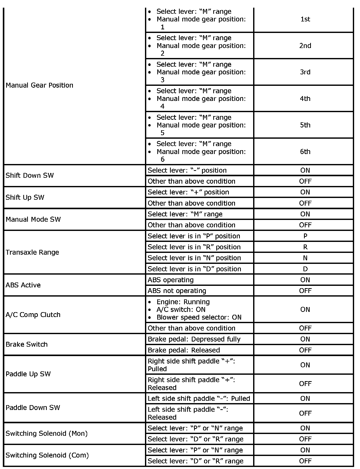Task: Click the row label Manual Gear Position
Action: pos(39,85)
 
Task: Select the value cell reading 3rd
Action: pos(305,72)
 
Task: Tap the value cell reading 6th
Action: pos(305,151)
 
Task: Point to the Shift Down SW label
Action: pos(30,175)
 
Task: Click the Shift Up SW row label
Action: pos(25,197)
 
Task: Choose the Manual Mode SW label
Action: pos(33,219)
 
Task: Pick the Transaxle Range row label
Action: pos(32,252)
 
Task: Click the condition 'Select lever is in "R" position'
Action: pos(194,247)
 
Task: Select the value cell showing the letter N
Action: pos(305,258)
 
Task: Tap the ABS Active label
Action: pos(23,285)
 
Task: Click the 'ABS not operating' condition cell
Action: pos(177,291)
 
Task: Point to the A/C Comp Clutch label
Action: pos(33,315)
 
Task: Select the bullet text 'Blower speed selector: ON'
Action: pos(199,317)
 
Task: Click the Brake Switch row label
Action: pos(27,344)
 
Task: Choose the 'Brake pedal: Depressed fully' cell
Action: pos(194,339)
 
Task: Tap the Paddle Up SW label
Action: pos(28,374)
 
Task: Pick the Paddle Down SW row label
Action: pos(33,407)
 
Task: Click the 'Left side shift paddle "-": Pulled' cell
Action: pos(199,398)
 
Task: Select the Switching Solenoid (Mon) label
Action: pos(47,433)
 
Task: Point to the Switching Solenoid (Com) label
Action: pos(47,455)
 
